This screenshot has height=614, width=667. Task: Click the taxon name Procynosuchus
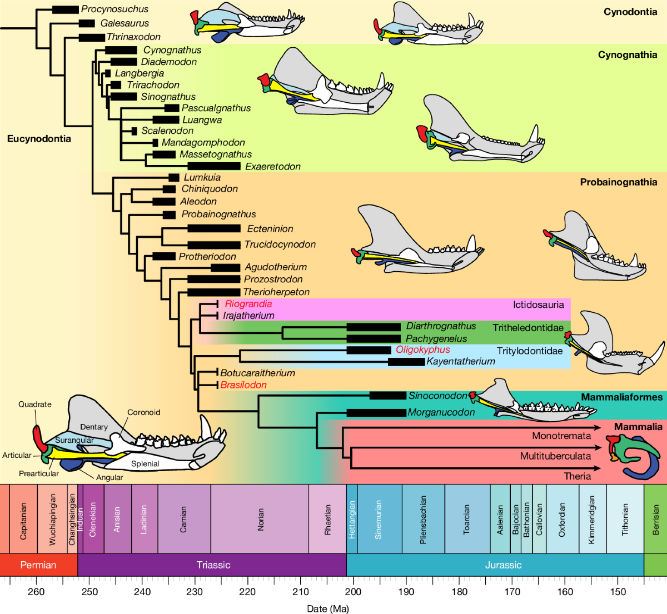[x=115, y=9]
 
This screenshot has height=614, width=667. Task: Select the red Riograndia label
[x=248, y=304]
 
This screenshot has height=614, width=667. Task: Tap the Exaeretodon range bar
[x=214, y=166]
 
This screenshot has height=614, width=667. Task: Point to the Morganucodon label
[x=441, y=412]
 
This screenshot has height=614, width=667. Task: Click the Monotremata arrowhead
[x=598, y=427]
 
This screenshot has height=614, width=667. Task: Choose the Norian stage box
[x=260, y=519]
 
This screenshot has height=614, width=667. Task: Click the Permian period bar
[x=38, y=565]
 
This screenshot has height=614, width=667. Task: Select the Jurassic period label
[x=503, y=565]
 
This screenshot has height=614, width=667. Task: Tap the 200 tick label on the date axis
[x=353, y=592]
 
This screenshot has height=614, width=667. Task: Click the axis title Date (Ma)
[x=328, y=608]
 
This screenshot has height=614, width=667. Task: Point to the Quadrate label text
[x=34, y=405]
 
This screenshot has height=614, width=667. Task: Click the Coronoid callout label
[x=143, y=412]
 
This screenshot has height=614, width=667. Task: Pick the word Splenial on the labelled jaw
[x=145, y=463]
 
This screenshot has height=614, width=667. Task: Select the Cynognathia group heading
[x=627, y=54]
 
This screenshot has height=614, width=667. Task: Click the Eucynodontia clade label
[x=39, y=138]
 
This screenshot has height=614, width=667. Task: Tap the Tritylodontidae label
[x=529, y=351]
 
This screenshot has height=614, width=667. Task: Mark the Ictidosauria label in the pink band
[x=538, y=304]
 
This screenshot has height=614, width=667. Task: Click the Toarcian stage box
[x=467, y=519]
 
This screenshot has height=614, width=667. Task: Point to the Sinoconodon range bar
[x=387, y=396]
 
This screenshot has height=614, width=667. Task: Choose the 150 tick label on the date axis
[x=618, y=592]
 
